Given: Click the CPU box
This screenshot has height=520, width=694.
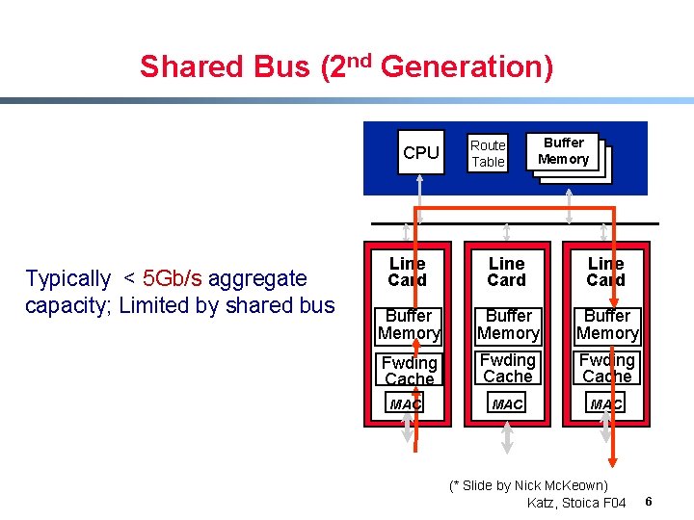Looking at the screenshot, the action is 421,152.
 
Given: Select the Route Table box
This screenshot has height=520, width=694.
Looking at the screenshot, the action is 488,153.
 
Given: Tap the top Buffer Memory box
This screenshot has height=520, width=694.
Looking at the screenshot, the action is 563,151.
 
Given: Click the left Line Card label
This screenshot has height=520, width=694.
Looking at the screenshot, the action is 407,272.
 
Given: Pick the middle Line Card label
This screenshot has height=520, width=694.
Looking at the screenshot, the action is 507,272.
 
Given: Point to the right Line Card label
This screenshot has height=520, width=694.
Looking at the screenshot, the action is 605,272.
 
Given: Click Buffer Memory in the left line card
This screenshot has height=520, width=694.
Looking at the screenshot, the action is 409,325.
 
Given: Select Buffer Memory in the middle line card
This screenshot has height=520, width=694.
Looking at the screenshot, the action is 508,325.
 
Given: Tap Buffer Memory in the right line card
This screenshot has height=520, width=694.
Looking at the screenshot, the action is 607,325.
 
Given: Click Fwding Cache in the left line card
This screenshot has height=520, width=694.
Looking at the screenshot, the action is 409,371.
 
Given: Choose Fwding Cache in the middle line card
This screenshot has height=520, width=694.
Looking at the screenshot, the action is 508,369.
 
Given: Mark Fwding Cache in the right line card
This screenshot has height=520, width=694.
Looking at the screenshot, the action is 607,369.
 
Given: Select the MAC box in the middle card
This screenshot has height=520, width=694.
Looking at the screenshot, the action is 508,405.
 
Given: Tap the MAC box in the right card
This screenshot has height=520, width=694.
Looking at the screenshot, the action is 606,405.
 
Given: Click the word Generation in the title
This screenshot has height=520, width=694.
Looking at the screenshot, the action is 467,66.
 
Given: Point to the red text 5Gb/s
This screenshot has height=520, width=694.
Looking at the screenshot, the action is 173,279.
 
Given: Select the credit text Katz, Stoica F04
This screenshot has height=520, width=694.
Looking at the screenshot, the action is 576,503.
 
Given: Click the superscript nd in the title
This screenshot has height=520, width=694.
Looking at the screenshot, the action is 360,58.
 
